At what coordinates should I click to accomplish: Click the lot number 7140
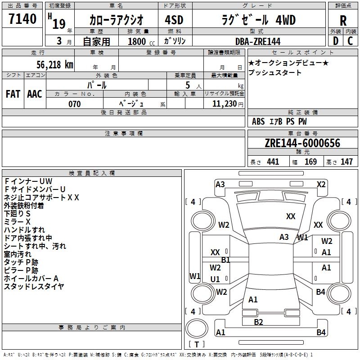coord(22,19)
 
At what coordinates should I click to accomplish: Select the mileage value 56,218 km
coord(55,65)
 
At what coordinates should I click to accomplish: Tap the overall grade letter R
coord(343,21)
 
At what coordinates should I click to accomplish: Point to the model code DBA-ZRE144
coord(258,41)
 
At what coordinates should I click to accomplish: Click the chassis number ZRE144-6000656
coord(302,143)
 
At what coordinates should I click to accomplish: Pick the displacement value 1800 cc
coord(141,41)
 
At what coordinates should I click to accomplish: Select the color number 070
coord(75,104)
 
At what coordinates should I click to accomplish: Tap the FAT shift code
coord(13,94)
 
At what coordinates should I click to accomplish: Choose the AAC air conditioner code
coord(35,94)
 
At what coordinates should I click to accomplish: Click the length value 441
coord(273,162)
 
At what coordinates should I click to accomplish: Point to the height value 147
coord(346,162)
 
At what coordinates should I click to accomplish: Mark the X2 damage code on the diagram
coord(321,184)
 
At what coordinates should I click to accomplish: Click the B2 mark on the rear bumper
coord(258,322)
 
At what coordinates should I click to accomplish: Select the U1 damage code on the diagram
coord(215,279)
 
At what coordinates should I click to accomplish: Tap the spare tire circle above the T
coord(197,328)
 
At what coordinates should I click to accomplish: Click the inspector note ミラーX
coord(17,222)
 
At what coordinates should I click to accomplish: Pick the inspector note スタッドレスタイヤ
coord(34,287)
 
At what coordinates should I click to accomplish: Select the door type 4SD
coord(174,20)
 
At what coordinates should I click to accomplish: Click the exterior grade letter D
coord(336,41)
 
